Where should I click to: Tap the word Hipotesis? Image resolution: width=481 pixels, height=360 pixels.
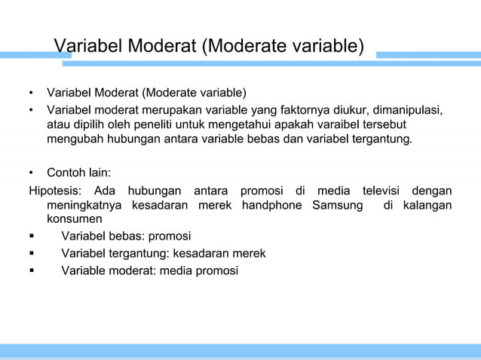[x=57, y=190]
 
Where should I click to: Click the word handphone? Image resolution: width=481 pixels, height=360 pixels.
[x=274, y=205]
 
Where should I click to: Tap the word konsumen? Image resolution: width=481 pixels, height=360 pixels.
[x=74, y=219]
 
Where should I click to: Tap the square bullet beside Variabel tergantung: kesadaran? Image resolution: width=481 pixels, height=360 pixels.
[x=32, y=252]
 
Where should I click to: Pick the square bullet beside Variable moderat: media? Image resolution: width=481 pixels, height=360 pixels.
[x=32, y=270]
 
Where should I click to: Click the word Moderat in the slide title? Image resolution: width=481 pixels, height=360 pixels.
[x=160, y=47]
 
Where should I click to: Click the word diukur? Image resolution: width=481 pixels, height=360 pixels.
[x=351, y=112]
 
